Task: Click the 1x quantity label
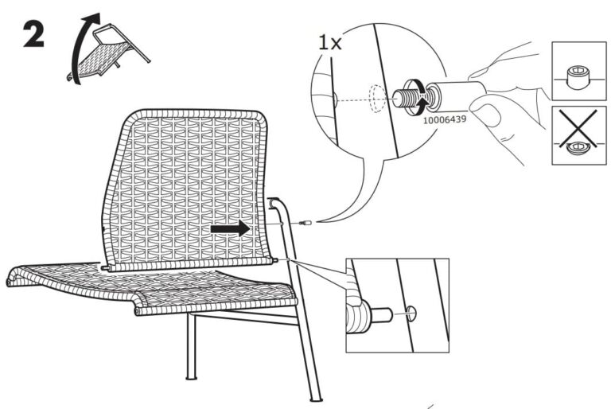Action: point(329,42)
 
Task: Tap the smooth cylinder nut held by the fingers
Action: point(457,93)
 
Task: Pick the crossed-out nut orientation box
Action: point(578,134)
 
